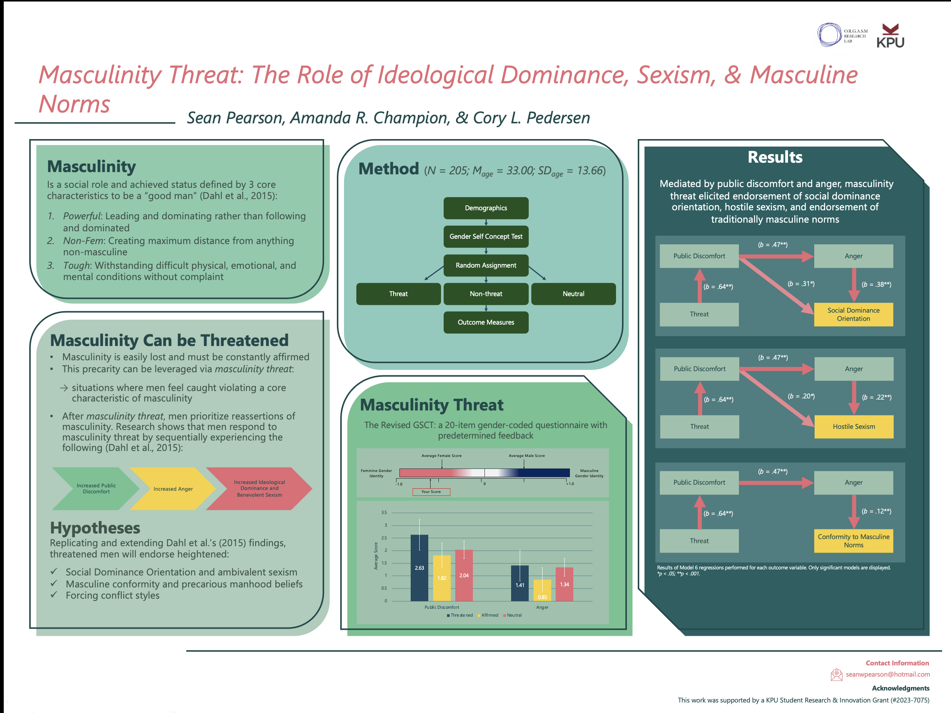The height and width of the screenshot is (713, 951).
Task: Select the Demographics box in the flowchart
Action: [x=486, y=208]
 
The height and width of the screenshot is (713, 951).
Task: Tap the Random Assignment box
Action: [x=486, y=265]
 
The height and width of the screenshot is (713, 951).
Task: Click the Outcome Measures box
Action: [x=486, y=322]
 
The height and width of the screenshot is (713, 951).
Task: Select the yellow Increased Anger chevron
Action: [x=173, y=489]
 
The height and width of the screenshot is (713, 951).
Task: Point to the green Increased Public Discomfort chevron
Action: [x=96, y=488]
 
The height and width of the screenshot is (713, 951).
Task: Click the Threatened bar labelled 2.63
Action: [x=419, y=568]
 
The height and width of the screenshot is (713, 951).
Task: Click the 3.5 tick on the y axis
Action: [x=384, y=512]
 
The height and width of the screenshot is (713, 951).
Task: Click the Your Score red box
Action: [x=431, y=492]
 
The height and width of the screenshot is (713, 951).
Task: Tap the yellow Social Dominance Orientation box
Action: [x=854, y=315]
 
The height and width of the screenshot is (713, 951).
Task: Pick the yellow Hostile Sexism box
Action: [x=854, y=427]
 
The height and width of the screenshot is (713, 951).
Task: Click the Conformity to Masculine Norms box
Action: [x=854, y=541]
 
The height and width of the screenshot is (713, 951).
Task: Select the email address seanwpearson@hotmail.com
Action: [x=887, y=674]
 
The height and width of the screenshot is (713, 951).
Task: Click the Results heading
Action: [x=775, y=157]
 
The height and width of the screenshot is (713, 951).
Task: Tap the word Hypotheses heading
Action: [x=95, y=528]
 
